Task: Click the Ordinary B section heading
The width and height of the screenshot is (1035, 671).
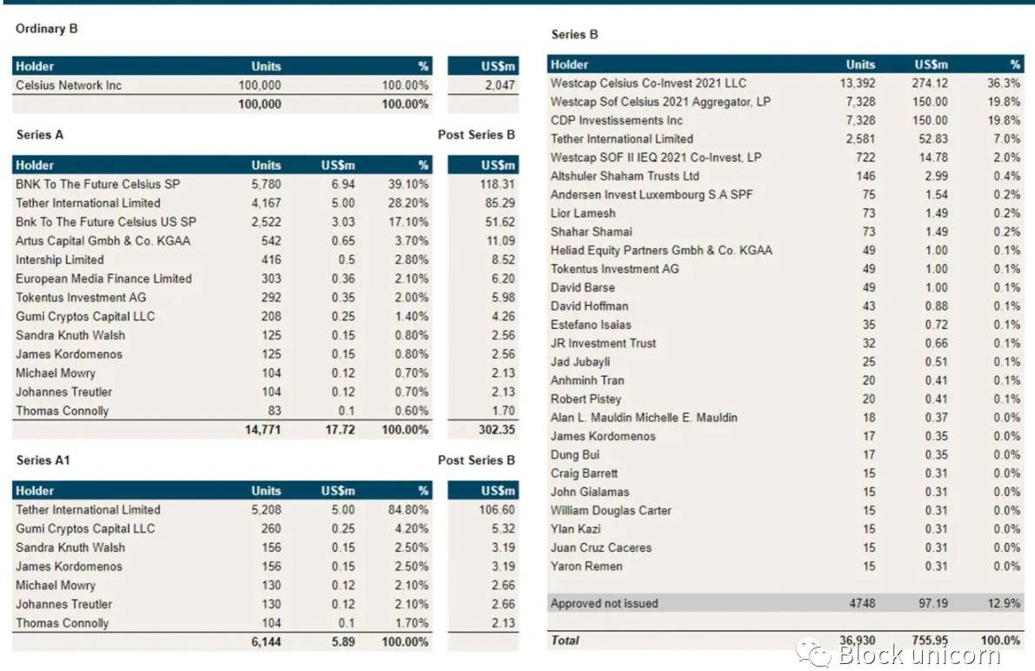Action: (x=47, y=29)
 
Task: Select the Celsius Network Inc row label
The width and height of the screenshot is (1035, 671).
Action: (x=69, y=85)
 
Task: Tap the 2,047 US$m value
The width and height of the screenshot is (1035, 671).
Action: (x=499, y=85)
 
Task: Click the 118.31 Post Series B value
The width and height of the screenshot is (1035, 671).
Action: (x=497, y=185)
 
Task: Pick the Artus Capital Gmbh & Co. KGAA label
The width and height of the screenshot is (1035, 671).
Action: (x=103, y=241)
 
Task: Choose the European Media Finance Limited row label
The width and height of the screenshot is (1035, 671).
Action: (x=103, y=278)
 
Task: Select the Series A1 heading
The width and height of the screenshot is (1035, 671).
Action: (x=43, y=460)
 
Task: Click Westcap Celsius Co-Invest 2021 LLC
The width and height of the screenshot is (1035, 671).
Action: (x=648, y=84)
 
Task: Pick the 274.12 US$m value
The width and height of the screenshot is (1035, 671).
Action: (x=931, y=84)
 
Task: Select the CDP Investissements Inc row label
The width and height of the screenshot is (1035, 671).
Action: (x=617, y=121)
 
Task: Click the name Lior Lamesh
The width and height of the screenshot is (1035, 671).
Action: (x=583, y=213)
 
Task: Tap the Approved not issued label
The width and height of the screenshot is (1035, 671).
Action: (x=604, y=603)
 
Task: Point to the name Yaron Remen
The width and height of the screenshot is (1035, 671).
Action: (x=586, y=567)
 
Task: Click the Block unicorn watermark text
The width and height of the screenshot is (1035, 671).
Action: (x=919, y=654)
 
